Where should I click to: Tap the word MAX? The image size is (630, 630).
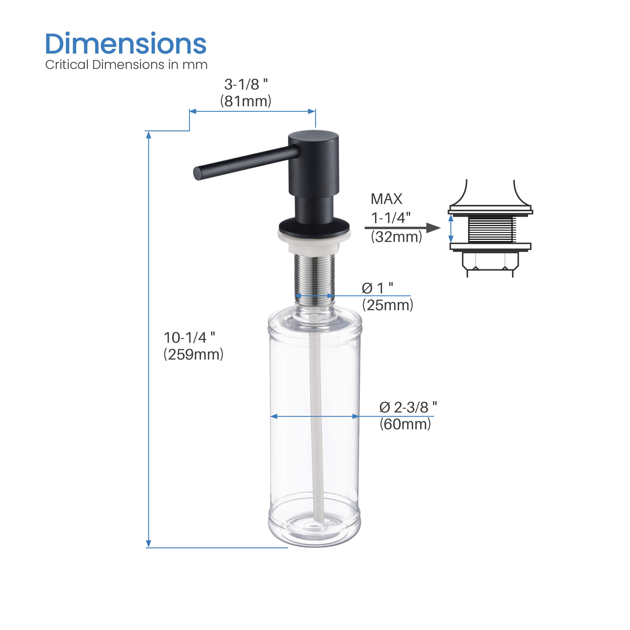[386, 199]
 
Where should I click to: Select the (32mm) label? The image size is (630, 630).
[396, 236]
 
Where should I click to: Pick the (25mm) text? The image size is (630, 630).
[387, 305]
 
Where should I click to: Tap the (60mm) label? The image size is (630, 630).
[405, 424]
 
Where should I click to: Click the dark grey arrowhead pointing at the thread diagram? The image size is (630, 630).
[433, 228]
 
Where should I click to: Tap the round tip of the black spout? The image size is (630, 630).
[197, 173]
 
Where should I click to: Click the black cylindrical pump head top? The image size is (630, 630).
[313, 136]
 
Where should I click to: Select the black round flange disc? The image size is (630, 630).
[314, 225]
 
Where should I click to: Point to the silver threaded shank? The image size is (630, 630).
[314, 275]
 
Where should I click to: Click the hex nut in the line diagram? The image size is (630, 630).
[490, 261]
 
